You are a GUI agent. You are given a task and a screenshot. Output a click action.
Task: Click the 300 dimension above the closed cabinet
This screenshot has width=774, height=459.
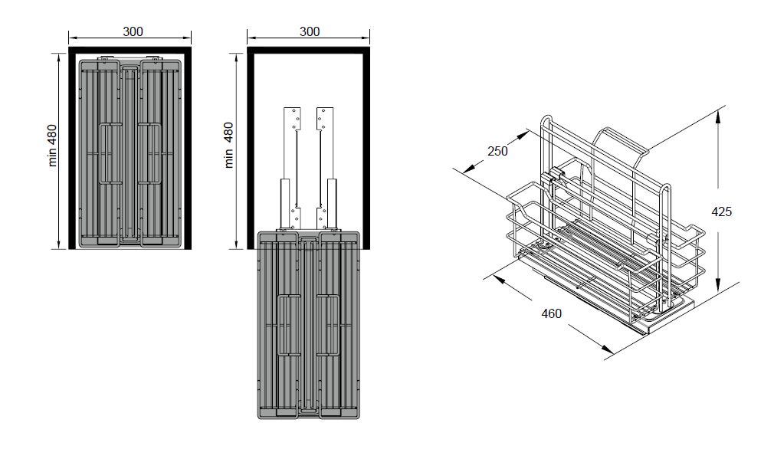click(133, 31)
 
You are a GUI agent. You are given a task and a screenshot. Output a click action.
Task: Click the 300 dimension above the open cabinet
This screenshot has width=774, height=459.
click(310, 31)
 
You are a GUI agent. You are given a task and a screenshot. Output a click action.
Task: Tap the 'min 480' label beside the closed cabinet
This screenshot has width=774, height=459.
click(53, 146)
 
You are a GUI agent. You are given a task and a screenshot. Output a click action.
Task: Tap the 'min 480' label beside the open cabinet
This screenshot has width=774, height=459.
click(228, 146)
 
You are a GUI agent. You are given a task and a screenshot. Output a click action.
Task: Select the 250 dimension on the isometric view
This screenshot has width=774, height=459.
click(497, 151)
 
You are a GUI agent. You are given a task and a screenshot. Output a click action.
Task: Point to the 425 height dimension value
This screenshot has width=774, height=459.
click(721, 211)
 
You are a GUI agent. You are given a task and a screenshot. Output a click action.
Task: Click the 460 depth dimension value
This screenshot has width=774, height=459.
click(551, 313)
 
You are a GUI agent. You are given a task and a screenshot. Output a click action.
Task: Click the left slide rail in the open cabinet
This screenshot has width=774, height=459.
click(291, 168)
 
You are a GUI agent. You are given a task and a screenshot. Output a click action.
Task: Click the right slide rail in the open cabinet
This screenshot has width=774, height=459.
click(326, 168)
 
